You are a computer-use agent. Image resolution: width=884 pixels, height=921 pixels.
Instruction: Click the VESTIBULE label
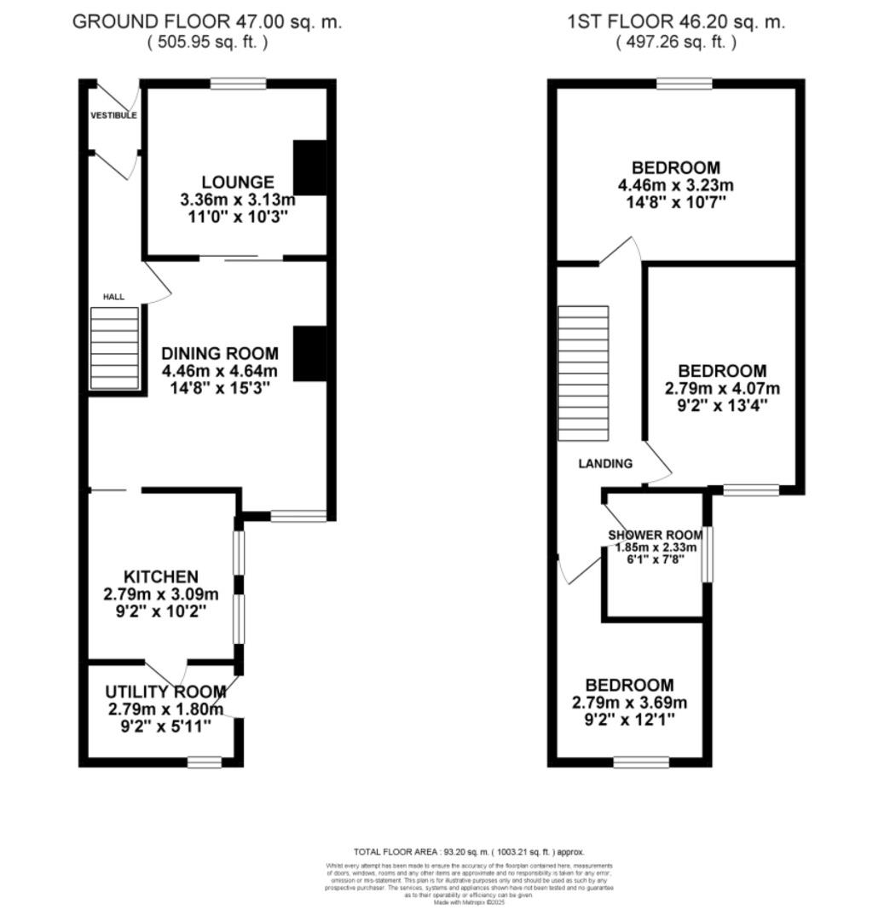point(113,115)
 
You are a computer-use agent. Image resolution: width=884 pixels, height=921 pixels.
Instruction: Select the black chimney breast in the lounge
point(309,167)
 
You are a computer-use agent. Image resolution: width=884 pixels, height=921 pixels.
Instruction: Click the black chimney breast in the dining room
point(309,353)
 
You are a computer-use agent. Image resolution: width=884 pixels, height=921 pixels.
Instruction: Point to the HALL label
point(113,297)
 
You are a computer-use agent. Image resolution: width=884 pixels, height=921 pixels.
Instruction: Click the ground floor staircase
point(114,348)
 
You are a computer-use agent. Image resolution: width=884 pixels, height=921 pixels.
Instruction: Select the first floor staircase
point(583,374)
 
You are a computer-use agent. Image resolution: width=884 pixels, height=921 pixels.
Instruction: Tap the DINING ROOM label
point(220,353)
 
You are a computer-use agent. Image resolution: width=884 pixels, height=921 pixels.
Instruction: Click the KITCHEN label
point(161,577)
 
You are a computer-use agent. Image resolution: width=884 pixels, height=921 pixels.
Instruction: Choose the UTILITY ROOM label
point(165,692)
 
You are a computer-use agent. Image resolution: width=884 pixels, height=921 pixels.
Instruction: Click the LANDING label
point(605,464)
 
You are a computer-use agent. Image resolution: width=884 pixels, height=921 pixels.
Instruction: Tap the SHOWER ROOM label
point(652,536)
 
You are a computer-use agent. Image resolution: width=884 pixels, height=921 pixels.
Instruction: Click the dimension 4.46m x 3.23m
point(675,185)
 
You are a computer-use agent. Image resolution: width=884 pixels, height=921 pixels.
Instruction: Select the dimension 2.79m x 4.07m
point(722,388)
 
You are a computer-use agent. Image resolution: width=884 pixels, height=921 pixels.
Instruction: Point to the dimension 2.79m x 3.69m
point(629,703)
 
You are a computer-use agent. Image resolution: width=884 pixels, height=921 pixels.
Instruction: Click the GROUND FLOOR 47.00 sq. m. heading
point(207,22)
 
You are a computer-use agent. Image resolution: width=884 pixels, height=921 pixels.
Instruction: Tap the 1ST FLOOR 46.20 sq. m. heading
point(676,22)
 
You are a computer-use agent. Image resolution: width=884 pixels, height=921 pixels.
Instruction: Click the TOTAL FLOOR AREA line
point(469,852)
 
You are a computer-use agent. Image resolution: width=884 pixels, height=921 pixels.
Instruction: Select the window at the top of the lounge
point(238,84)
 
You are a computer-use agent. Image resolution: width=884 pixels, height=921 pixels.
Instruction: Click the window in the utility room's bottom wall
point(205,762)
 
